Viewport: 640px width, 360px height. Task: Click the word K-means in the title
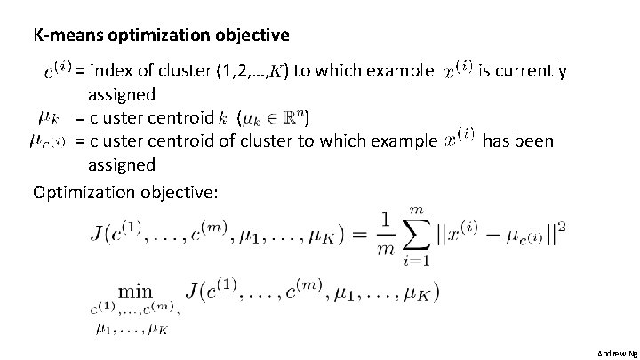point(62,36)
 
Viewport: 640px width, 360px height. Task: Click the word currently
point(529,71)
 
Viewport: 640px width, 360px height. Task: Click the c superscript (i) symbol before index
point(57,68)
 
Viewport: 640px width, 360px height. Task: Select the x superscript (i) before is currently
point(458,68)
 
